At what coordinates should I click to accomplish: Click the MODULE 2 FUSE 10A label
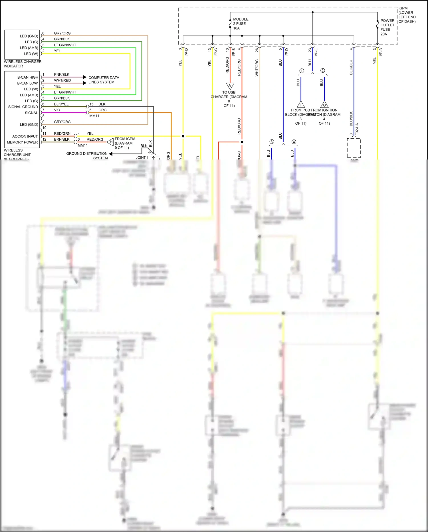241,24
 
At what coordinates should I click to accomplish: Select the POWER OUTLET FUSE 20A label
387,27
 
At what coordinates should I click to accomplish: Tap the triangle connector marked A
230,86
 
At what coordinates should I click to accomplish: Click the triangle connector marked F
301,104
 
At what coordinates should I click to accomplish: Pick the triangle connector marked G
324,104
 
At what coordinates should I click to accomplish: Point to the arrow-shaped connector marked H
111,142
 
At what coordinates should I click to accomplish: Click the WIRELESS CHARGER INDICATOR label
23,64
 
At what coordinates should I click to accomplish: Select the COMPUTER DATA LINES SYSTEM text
104,80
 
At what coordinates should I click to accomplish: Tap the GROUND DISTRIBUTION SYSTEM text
87,156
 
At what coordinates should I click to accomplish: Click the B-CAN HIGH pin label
28,77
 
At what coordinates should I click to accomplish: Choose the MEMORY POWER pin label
22,142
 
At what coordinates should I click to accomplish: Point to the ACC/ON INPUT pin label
25,136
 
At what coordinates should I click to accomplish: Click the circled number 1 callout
302,71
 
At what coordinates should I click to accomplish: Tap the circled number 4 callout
294,142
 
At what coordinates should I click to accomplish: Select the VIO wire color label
57,110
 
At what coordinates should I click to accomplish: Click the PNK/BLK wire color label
62,75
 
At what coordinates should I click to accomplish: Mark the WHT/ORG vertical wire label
257,68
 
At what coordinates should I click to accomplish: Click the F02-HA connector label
357,129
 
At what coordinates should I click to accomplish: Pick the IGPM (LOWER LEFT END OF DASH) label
407,15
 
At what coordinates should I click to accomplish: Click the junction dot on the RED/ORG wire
242,142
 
